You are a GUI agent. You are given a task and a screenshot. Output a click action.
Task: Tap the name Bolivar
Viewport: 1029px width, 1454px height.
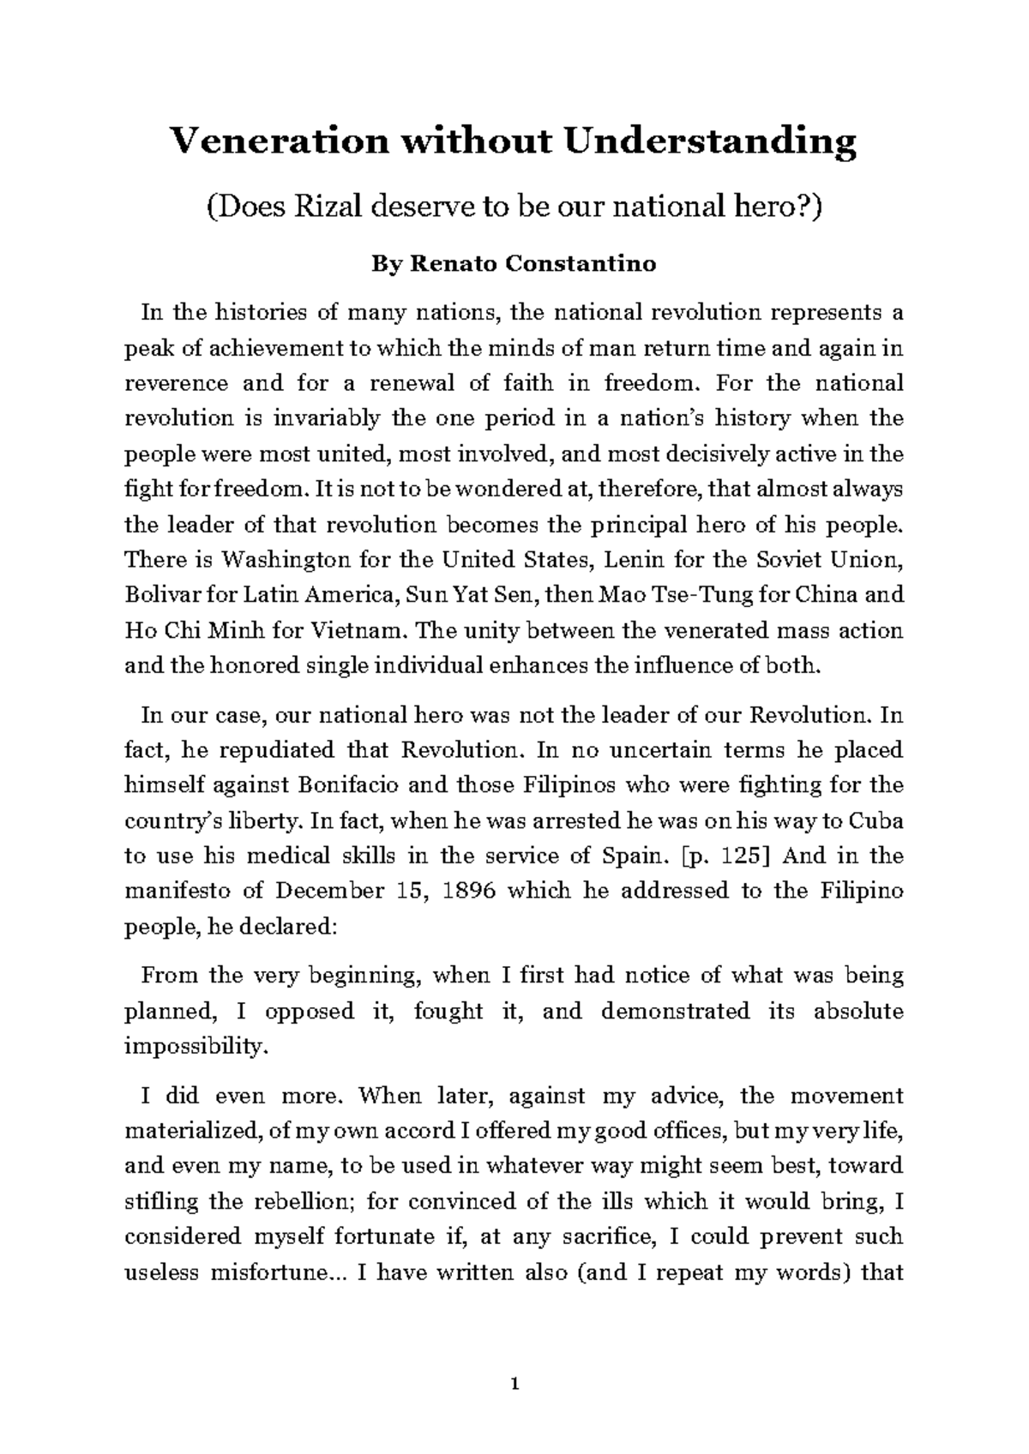[159, 595]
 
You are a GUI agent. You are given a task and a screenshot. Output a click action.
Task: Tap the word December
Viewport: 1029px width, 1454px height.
[330, 891]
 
